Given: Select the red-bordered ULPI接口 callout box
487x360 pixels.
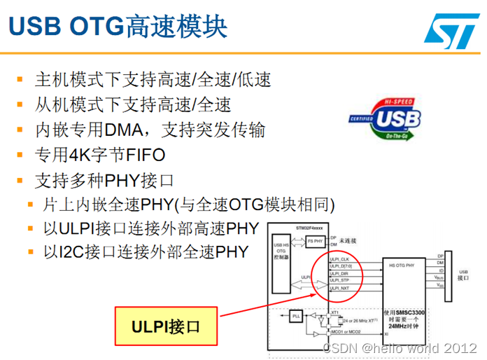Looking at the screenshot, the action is coord(165,327).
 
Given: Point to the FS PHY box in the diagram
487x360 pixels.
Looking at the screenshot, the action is coord(314,242).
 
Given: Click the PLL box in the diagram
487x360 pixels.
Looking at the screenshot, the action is coord(297,316).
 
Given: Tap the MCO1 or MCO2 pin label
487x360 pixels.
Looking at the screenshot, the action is coord(345,331).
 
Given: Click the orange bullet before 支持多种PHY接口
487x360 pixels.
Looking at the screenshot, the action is coord(20,180).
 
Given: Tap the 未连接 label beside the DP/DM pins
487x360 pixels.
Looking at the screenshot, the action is coord(349,240).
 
